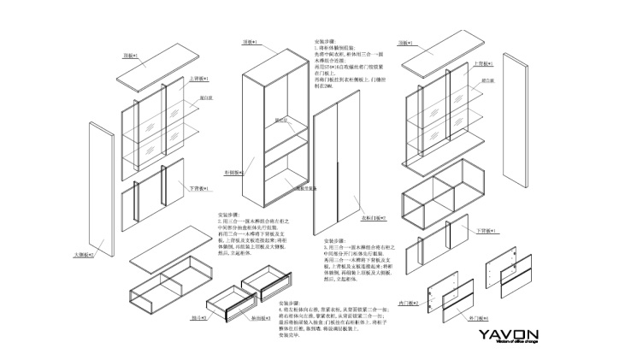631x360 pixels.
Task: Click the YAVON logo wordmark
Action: (508, 334)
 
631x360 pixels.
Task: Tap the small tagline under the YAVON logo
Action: (508, 345)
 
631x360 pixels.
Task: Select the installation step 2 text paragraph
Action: (247, 233)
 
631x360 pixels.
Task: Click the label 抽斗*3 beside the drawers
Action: (198, 316)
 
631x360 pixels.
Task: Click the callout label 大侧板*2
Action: (82, 254)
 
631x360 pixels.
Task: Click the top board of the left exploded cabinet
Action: (150, 73)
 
